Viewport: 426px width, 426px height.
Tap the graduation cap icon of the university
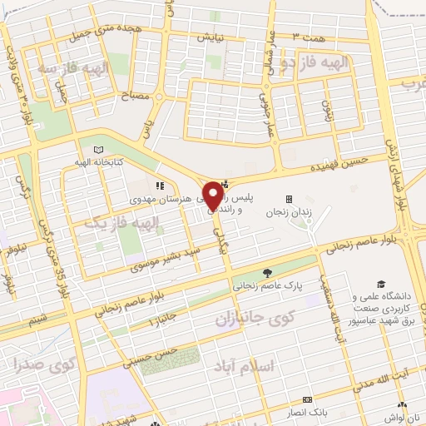click(x=380, y=285)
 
